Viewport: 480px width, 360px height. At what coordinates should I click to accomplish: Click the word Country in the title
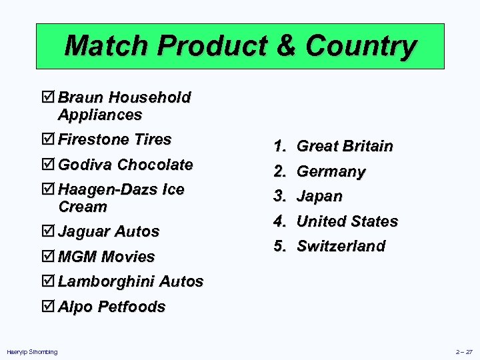(x=361, y=47)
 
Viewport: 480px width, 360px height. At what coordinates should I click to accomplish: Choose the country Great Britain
(x=344, y=146)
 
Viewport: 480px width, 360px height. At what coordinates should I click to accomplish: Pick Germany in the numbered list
(x=331, y=171)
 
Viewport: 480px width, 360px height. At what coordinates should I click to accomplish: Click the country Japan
(x=319, y=196)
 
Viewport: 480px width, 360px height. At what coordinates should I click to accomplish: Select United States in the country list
(x=347, y=221)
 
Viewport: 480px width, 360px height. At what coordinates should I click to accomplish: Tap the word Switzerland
(x=341, y=246)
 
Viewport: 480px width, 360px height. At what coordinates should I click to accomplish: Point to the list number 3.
(x=279, y=196)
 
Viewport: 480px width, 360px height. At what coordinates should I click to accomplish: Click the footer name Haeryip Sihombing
(x=32, y=351)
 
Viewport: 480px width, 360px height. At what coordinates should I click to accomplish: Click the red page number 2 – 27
(x=464, y=351)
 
